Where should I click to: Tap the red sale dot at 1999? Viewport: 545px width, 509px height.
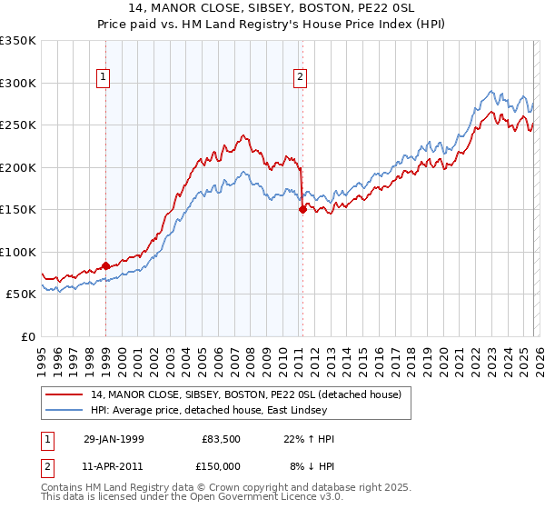(106, 265)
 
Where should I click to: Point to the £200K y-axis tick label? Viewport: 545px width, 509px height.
(18, 167)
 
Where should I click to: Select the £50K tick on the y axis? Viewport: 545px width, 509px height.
(22, 294)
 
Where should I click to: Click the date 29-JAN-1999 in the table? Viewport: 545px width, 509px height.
(114, 439)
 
